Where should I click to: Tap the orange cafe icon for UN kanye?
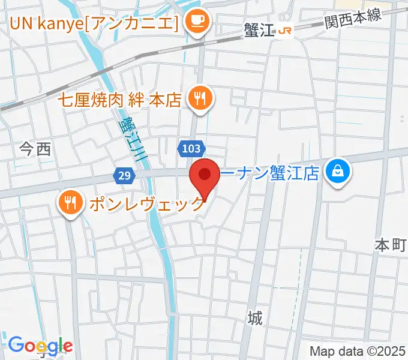pos(196,22)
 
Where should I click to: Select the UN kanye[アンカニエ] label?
pos(94,23)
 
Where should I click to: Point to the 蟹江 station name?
pos(259,31)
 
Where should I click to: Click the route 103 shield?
pos(191,147)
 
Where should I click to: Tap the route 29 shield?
pos(124,176)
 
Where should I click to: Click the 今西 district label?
pos(35,150)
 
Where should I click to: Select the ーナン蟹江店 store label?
pos(271,174)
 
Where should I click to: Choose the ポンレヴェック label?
pos(147,204)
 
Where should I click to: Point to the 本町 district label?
pos(391,245)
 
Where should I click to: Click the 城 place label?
pos(256,317)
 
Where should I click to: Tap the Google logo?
pos(40,346)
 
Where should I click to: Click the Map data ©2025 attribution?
pos(357,351)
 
